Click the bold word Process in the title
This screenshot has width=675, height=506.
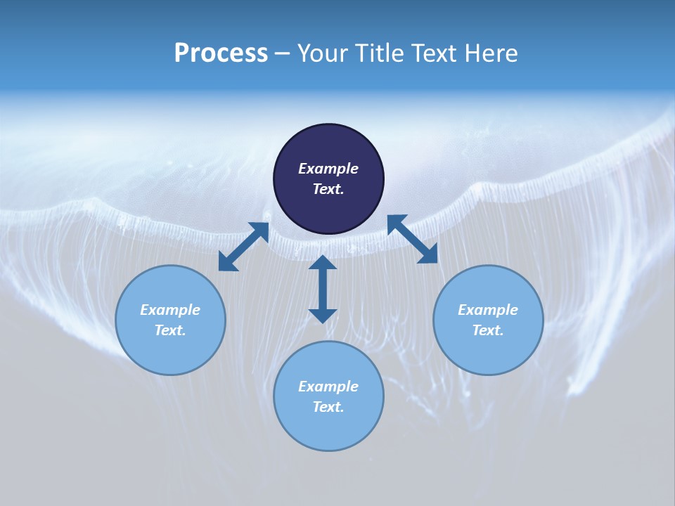point(221,53)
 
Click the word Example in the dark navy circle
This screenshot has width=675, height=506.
point(328,169)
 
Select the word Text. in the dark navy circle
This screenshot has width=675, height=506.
point(328,189)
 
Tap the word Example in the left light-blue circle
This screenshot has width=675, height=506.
point(170,310)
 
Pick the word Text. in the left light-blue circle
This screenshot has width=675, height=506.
point(170,330)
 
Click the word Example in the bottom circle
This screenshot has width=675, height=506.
point(328,387)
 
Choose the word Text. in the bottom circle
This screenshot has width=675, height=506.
point(328,407)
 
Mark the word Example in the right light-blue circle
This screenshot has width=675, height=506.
point(488,310)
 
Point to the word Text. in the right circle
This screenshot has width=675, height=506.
point(488,330)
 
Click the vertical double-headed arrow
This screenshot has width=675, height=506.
point(323,289)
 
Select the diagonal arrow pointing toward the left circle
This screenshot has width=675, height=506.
point(243,247)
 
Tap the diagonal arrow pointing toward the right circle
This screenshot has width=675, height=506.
point(413,239)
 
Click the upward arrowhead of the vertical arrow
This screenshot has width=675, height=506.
point(323,262)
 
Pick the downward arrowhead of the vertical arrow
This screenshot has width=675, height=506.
point(323,316)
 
